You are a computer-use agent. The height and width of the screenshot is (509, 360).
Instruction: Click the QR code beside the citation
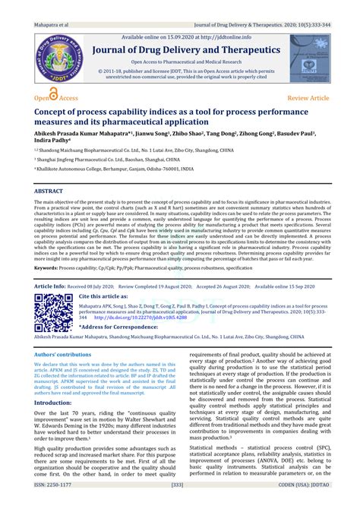tap(52, 310)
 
